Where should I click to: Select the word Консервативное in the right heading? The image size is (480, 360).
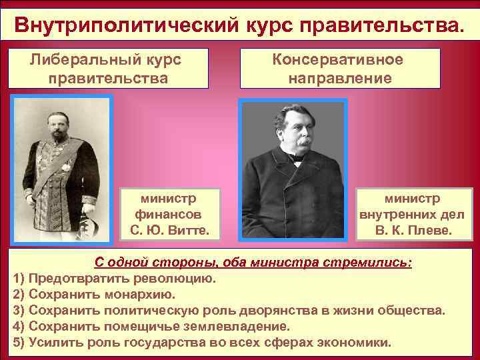click(339, 59)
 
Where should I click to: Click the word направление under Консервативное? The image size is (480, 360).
click(339, 78)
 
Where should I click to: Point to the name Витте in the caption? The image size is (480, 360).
click(186, 231)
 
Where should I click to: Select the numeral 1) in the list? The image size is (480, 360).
click(19, 278)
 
